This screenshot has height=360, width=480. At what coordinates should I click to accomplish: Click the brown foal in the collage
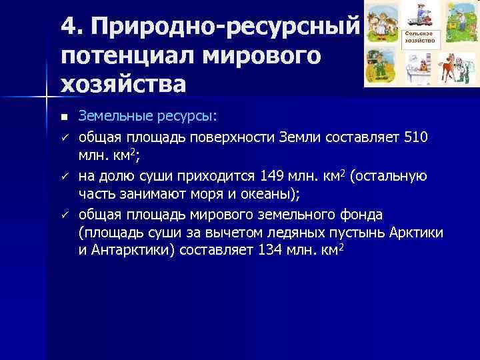point(452,67)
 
